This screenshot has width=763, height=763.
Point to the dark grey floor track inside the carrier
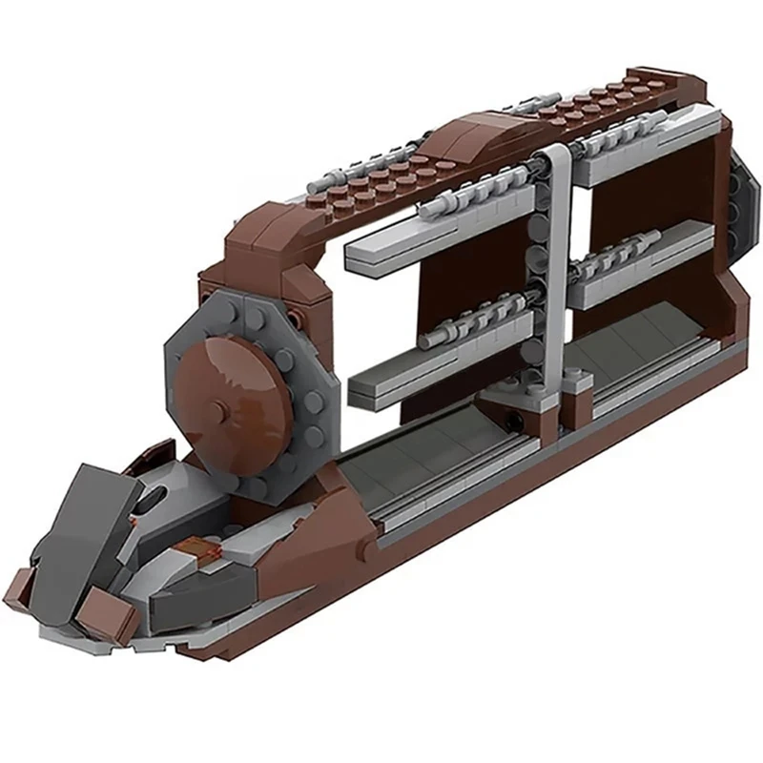(420, 458)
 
